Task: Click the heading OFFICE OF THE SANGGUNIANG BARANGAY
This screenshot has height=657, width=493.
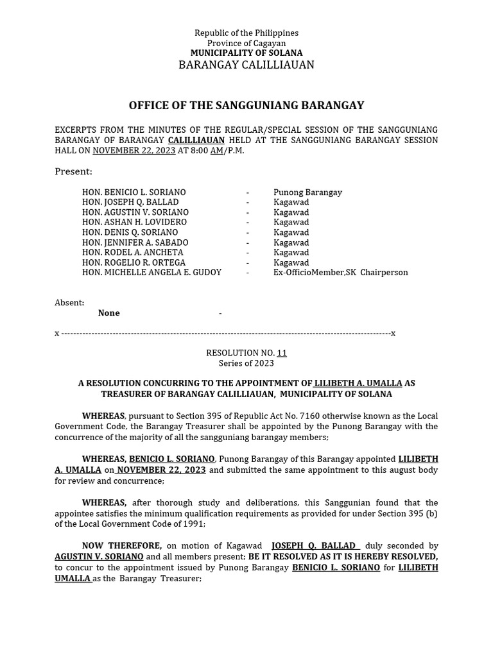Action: (246, 105)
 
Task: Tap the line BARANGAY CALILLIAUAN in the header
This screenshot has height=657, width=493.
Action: (246, 65)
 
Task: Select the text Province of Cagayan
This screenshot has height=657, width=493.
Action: (246, 43)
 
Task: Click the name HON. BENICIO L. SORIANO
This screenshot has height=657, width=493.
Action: (134, 192)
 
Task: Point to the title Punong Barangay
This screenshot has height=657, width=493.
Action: (307, 192)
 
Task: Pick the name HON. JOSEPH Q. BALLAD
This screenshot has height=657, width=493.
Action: (131, 202)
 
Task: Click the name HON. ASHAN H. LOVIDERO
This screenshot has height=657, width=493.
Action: (134, 222)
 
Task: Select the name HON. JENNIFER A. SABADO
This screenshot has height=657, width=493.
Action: (135, 243)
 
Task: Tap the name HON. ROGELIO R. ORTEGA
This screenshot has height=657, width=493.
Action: (134, 262)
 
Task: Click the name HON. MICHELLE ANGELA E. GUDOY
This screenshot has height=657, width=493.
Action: (151, 273)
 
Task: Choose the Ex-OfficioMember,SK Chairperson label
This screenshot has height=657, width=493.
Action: (340, 273)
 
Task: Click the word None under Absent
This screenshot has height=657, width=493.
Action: (108, 313)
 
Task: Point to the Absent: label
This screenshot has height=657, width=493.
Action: (69, 303)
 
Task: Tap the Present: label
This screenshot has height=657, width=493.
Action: (73, 172)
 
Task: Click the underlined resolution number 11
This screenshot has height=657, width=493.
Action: (282, 354)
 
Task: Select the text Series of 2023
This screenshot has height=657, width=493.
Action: (246, 363)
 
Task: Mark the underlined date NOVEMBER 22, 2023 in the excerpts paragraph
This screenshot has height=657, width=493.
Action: (134, 151)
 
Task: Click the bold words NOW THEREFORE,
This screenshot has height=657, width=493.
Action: (122, 545)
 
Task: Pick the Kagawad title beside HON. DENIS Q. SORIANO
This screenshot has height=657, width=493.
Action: (291, 232)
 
